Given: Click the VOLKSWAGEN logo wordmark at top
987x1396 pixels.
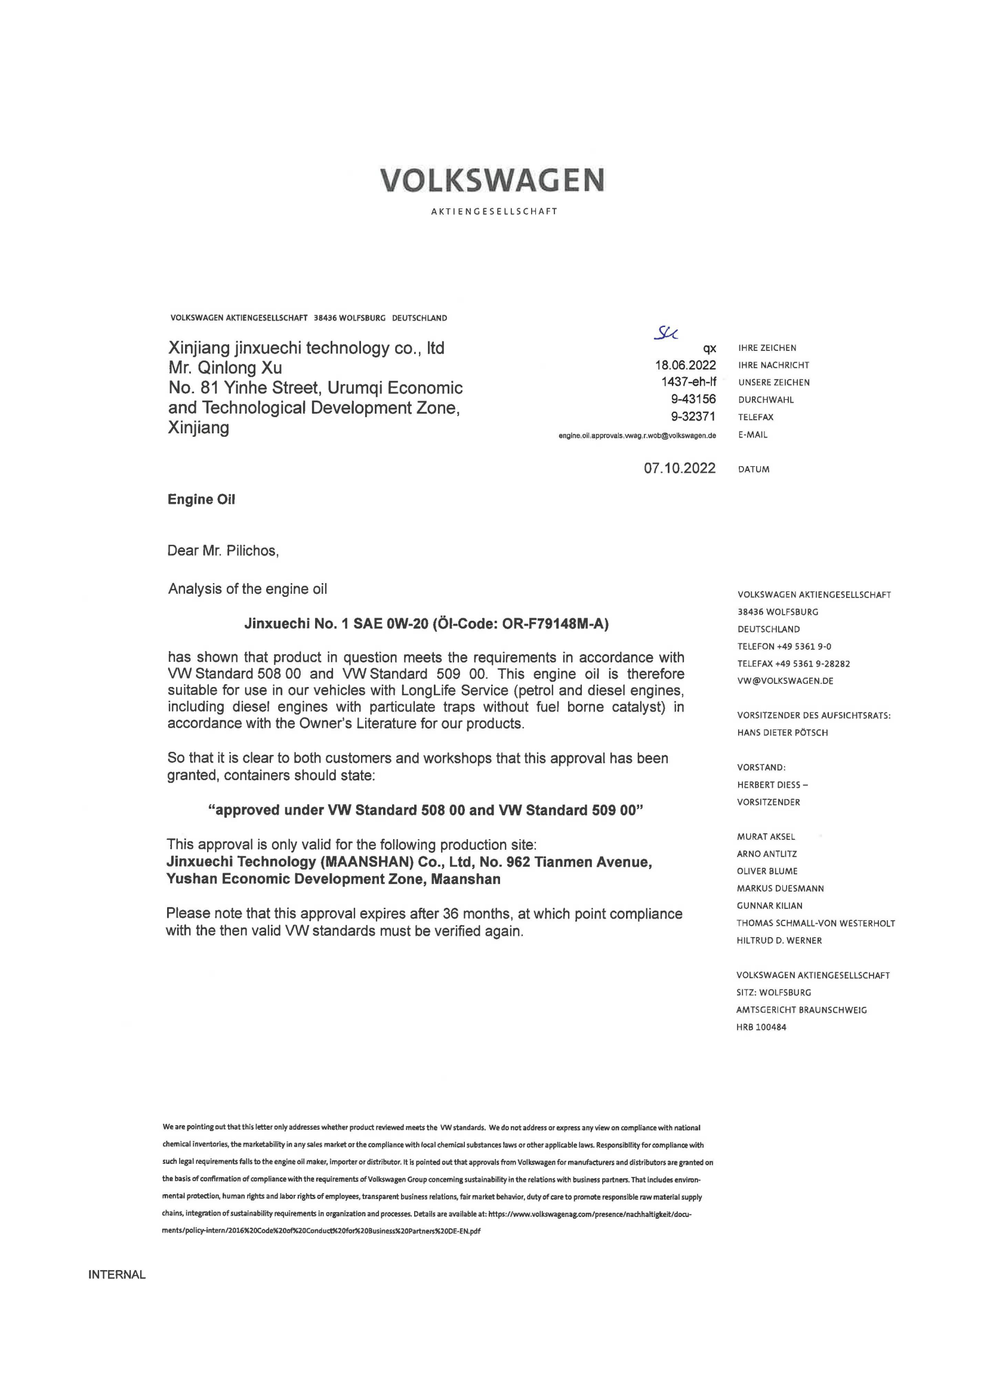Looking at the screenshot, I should (493, 180).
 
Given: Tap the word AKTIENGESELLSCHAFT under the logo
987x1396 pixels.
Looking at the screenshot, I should (493, 212).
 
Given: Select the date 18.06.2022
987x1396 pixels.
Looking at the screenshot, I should (685, 365).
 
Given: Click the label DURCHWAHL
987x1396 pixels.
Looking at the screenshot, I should (766, 399).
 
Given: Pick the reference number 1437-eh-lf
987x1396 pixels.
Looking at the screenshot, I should (689, 382).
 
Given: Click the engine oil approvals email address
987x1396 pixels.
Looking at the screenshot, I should (637, 435).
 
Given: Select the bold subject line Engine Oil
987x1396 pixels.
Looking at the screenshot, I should (201, 499).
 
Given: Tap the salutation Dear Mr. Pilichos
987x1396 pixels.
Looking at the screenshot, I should (223, 550).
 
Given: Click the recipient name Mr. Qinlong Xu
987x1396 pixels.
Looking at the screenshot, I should (225, 368).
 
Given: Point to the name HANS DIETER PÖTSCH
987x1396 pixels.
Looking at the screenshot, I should (782, 733).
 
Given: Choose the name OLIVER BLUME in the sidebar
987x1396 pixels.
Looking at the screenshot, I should (767, 871).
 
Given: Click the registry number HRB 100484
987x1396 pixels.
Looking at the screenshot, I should (761, 1028).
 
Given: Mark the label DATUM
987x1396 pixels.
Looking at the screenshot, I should (754, 469).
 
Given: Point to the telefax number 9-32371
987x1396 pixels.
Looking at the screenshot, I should (693, 417).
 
